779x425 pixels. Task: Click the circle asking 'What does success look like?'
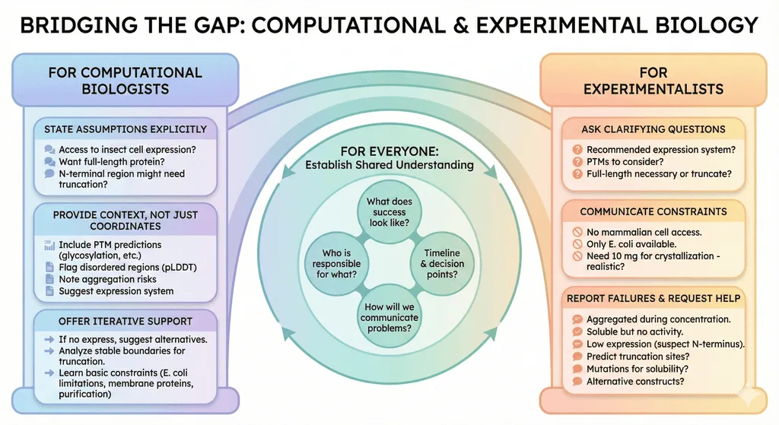pyautogui.click(x=389, y=212)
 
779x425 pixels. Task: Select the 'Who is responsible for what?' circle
pyautogui.click(x=336, y=264)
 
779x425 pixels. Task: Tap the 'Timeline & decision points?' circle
pyautogui.click(x=442, y=264)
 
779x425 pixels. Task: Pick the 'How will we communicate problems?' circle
pyautogui.click(x=389, y=317)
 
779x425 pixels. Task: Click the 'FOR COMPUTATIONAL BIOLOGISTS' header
pyautogui.click(x=126, y=81)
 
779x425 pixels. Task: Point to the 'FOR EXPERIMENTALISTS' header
pyautogui.click(x=653, y=81)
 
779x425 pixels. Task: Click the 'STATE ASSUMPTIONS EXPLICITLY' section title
pyautogui.click(x=126, y=129)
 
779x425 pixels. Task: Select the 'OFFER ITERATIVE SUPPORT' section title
pyautogui.click(x=126, y=322)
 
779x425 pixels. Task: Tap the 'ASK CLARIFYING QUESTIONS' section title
pyautogui.click(x=653, y=129)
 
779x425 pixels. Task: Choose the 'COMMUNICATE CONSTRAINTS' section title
pyautogui.click(x=653, y=211)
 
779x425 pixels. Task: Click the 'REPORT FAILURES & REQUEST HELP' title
pyautogui.click(x=653, y=298)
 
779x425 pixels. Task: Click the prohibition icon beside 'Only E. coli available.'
pyautogui.click(x=577, y=244)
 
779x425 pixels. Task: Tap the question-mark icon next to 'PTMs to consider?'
pyautogui.click(x=577, y=162)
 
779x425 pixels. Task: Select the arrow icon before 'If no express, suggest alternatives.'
pyautogui.click(x=49, y=340)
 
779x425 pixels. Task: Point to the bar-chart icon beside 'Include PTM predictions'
pyautogui.click(x=49, y=246)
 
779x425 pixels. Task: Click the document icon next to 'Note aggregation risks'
pyautogui.click(x=49, y=279)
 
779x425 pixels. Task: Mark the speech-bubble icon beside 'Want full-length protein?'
pyautogui.click(x=49, y=162)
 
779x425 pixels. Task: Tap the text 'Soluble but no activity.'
pyautogui.click(x=635, y=331)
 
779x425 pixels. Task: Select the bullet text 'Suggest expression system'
pyautogui.click(x=116, y=291)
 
